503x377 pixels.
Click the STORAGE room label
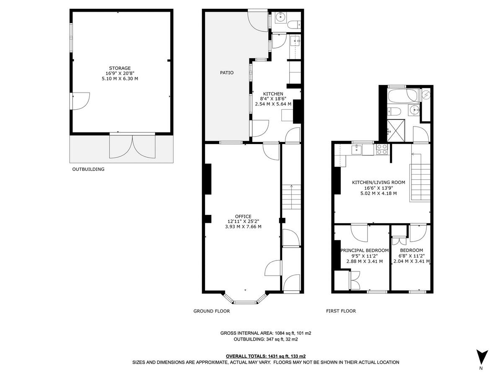120,68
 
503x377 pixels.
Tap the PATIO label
227,73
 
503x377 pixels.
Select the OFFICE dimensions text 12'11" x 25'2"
243,222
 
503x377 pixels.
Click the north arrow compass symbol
482,357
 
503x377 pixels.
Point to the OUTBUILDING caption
88,170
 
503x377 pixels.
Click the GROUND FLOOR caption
211,311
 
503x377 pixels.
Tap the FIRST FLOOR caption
341,311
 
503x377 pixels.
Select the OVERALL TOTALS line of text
266,356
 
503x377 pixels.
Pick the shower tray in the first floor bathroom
395,131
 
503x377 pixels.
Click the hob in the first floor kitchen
382,149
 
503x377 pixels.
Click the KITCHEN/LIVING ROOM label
379,182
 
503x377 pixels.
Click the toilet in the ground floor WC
295,24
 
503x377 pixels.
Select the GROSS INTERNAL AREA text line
266,333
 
